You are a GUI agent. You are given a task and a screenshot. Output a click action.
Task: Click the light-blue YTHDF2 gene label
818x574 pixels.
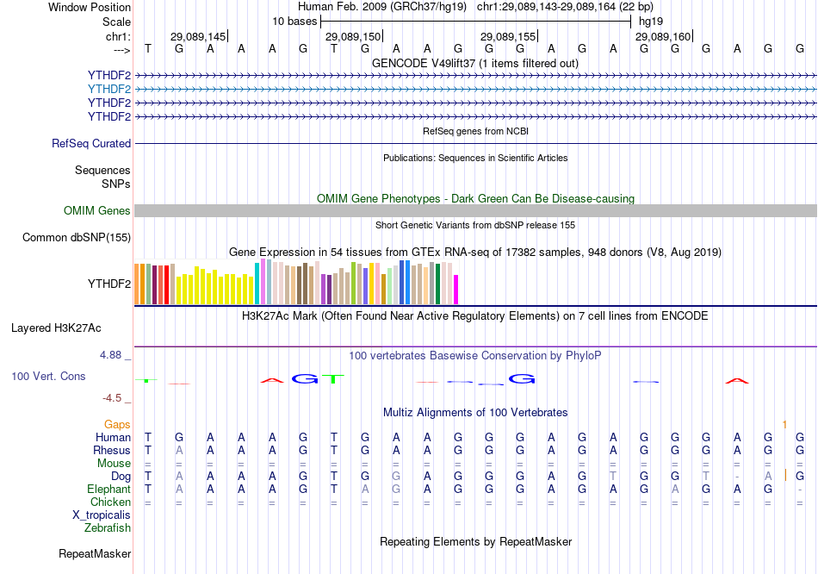(108, 89)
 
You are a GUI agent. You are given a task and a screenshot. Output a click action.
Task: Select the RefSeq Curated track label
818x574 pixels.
(91, 144)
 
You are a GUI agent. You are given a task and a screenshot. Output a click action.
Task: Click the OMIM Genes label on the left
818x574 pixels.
(97, 211)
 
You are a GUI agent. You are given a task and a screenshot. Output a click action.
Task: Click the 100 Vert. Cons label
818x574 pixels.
(48, 377)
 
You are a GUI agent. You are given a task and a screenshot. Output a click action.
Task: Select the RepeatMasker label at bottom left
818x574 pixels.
(95, 553)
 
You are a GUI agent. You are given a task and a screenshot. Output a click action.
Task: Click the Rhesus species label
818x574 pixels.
(112, 450)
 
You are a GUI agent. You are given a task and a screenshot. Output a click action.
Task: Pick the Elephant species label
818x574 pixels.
(108, 489)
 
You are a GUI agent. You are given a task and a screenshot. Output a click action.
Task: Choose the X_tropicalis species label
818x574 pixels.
(102, 515)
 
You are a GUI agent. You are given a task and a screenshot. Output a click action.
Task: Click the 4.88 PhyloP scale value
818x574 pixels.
(114, 354)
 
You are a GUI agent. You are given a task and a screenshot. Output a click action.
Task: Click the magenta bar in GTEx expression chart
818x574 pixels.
(456, 290)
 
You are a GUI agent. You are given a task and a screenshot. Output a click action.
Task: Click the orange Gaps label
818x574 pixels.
(117, 424)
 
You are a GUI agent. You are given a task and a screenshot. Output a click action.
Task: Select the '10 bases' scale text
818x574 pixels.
(294, 21)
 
